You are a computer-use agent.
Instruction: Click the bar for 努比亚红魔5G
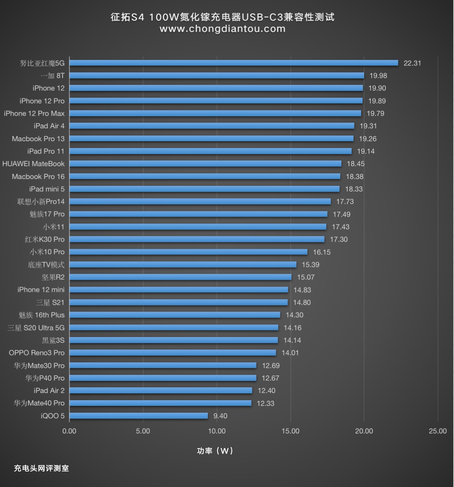[233, 63]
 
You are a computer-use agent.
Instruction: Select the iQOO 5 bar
[138, 416]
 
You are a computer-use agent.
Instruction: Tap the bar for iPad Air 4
[212, 126]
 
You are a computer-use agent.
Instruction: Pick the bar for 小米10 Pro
[188, 252]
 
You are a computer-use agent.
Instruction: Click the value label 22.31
[412, 63]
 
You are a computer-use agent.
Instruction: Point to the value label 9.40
[220, 416]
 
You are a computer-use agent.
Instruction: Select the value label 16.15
[322, 252]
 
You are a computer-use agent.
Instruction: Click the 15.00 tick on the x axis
[290, 431]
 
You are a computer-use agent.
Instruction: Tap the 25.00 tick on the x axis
[437, 431]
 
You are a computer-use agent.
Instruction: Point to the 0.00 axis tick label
[69, 431]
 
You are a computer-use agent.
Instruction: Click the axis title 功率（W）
[215, 451]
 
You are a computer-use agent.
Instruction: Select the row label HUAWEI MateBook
[33, 164]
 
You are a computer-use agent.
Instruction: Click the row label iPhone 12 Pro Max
[34, 113]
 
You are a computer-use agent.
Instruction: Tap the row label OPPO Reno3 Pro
[37, 353]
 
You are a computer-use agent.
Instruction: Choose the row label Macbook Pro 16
[38, 176]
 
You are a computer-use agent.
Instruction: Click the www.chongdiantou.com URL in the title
[222, 29]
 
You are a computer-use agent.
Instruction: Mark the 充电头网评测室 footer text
[41, 469]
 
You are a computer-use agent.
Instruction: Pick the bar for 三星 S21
[178, 302]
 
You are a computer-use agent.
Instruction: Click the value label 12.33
[266, 403]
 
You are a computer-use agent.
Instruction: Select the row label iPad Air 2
[49, 390]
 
